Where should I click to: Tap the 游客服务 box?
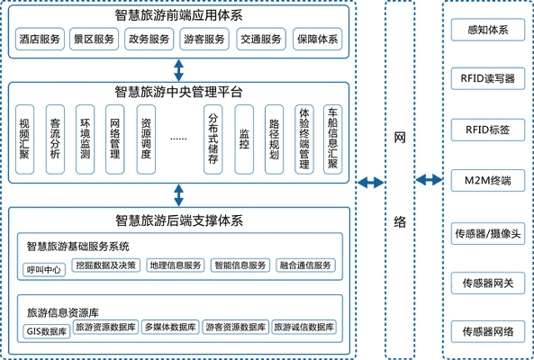click(x=205, y=40)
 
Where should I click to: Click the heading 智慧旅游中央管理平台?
click(x=178, y=91)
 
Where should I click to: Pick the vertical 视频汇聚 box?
click(x=25, y=139)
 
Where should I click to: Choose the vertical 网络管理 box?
click(x=114, y=139)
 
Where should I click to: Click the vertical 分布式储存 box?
click(x=213, y=139)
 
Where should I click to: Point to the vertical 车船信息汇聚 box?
click(x=332, y=139)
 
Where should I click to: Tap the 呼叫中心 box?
click(x=45, y=266)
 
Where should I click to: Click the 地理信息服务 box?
click(x=175, y=265)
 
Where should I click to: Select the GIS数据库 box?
click(x=46, y=330)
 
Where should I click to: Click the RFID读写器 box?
click(x=486, y=79)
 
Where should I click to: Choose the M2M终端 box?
click(x=486, y=180)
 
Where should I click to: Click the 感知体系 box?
click(x=486, y=30)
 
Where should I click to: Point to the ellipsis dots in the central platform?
click(x=178, y=139)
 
